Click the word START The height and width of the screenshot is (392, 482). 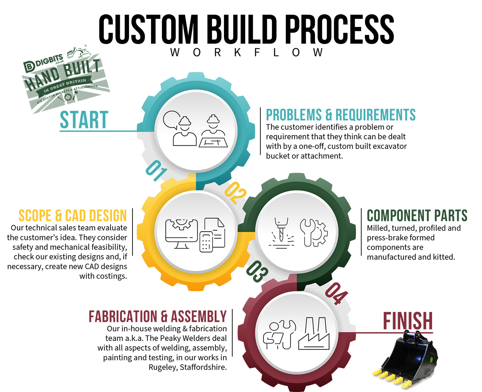pos(84,120)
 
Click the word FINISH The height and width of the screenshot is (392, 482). pos(408,321)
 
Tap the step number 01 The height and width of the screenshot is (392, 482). pos(156,170)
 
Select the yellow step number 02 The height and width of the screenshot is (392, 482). pos(235,193)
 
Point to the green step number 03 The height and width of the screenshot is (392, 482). pos(257,272)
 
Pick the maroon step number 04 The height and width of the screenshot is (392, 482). pos(336,293)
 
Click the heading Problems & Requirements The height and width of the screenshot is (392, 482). pos(341,115)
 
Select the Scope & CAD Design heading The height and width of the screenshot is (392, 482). pos(73,216)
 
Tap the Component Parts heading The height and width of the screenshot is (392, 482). pos(417,215)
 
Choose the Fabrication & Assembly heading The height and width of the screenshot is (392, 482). pos(158,317)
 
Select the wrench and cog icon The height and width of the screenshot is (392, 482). pos(314,233)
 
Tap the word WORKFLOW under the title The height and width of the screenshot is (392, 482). pos(246,52)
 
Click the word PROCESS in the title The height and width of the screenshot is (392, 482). pos(339,30)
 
